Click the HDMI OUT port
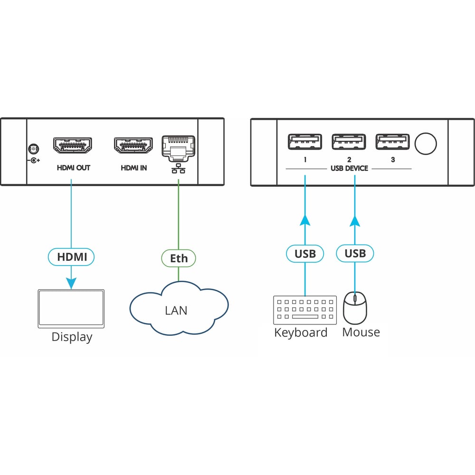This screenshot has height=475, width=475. click(x=72, y=145)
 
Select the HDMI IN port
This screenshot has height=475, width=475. click(x=133, y=145)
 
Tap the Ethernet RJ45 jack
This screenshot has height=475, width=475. click(x=179, y=148)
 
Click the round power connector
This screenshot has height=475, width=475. click(x=33, y=149)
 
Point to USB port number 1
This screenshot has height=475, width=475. click(x=305, y=142)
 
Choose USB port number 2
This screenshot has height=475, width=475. click(x=349, y=142)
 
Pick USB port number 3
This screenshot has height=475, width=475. click(x=393, y=142)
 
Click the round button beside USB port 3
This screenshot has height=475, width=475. click(x=426, y=143)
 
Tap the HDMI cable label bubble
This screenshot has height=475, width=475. click(x=71, y=257)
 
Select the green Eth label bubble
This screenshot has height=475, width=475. click(x=179, y=258)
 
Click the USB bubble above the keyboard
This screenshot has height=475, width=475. click(x=305, y=254)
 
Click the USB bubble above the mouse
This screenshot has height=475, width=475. click(x=355, y=253)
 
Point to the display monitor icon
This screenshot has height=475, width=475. click(x=71, y=309)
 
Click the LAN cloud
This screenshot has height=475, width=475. click(x=179, y=308)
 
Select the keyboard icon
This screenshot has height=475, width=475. click(x=305, y=310)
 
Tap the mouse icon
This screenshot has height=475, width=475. click(x=355, y=308)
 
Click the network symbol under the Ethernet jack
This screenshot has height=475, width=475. click(x=179, y=169)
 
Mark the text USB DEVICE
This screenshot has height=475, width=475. click(x=349, y=169)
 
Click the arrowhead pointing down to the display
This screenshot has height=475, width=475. click(x=71, y=283)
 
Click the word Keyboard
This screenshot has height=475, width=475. click(x=301, y=333)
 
